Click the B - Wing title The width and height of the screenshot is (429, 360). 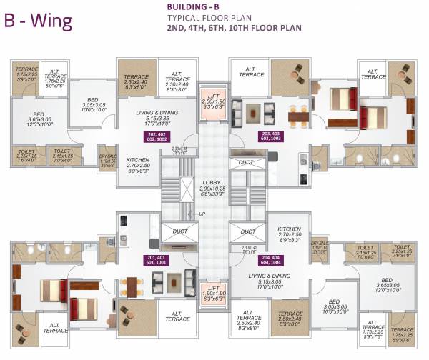(x=39, y=19)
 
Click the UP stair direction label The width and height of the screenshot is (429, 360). (x=202, y=214)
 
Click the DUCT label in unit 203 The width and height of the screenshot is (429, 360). (x=246, y=163)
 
